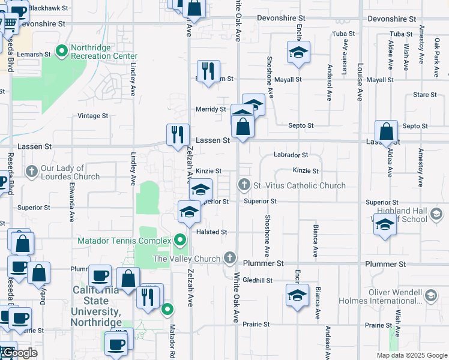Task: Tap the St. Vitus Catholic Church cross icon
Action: pyautogui.click(x=244, y=185)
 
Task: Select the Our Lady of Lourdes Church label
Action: pyautogui.click(x=70, y=173)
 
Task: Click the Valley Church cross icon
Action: pyautogui.click(x=229, y=259)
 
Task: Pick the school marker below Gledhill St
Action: pyautogui.click(x=297, y=295)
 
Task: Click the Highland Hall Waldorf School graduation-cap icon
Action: pyautogui.click(x=436, y=214)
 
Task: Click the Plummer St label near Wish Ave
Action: pyautogui.click(x=389, y=264)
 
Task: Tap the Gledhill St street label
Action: pyautogui.click(x=258, y=280)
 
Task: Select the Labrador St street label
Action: pyautogui.click(x=291, y=155)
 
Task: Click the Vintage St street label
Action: pyautogui.click(x=92, y=116)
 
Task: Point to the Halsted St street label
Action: pyautogui.click(x=211, y=232)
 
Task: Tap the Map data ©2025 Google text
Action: pyautogui.click(x=411, y=355)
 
